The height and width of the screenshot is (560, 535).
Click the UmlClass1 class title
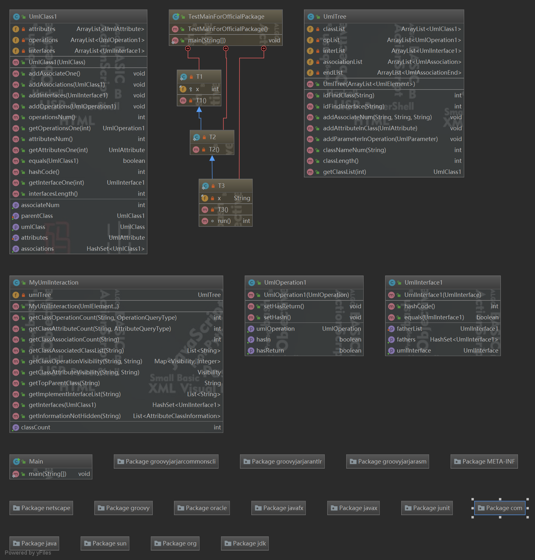click(x=43, y=16)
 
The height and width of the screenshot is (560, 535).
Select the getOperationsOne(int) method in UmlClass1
click(x=60, y=128)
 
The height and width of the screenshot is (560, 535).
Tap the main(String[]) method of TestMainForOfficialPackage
click(x=207, y=40)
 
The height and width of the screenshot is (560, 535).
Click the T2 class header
click(x=212, y=137)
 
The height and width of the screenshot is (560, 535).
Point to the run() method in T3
click(x=224, y=221)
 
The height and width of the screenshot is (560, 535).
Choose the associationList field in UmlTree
click(x=342, y=62)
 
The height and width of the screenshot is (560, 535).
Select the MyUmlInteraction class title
click(x=54, y=282)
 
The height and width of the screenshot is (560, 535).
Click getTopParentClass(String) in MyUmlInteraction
click(x=64, y=383)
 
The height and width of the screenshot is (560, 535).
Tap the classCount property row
click(x=36, y=427)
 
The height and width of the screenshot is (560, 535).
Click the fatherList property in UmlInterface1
click(x=409, y=329)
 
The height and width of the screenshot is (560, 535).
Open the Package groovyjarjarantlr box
click(x=282, y=461)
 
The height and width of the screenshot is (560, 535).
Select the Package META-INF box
click(x=484, y=461)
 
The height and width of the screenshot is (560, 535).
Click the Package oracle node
click(x=202, y=508)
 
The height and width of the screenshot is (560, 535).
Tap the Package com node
click(x=500, y=508)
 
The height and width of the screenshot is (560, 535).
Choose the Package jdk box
click(x=245, y=543)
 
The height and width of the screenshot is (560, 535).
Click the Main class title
click(x=36, y=461)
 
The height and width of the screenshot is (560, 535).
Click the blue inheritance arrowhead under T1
click(x=199, y=109)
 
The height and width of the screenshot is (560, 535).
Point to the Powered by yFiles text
click(x=28, y=553)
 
